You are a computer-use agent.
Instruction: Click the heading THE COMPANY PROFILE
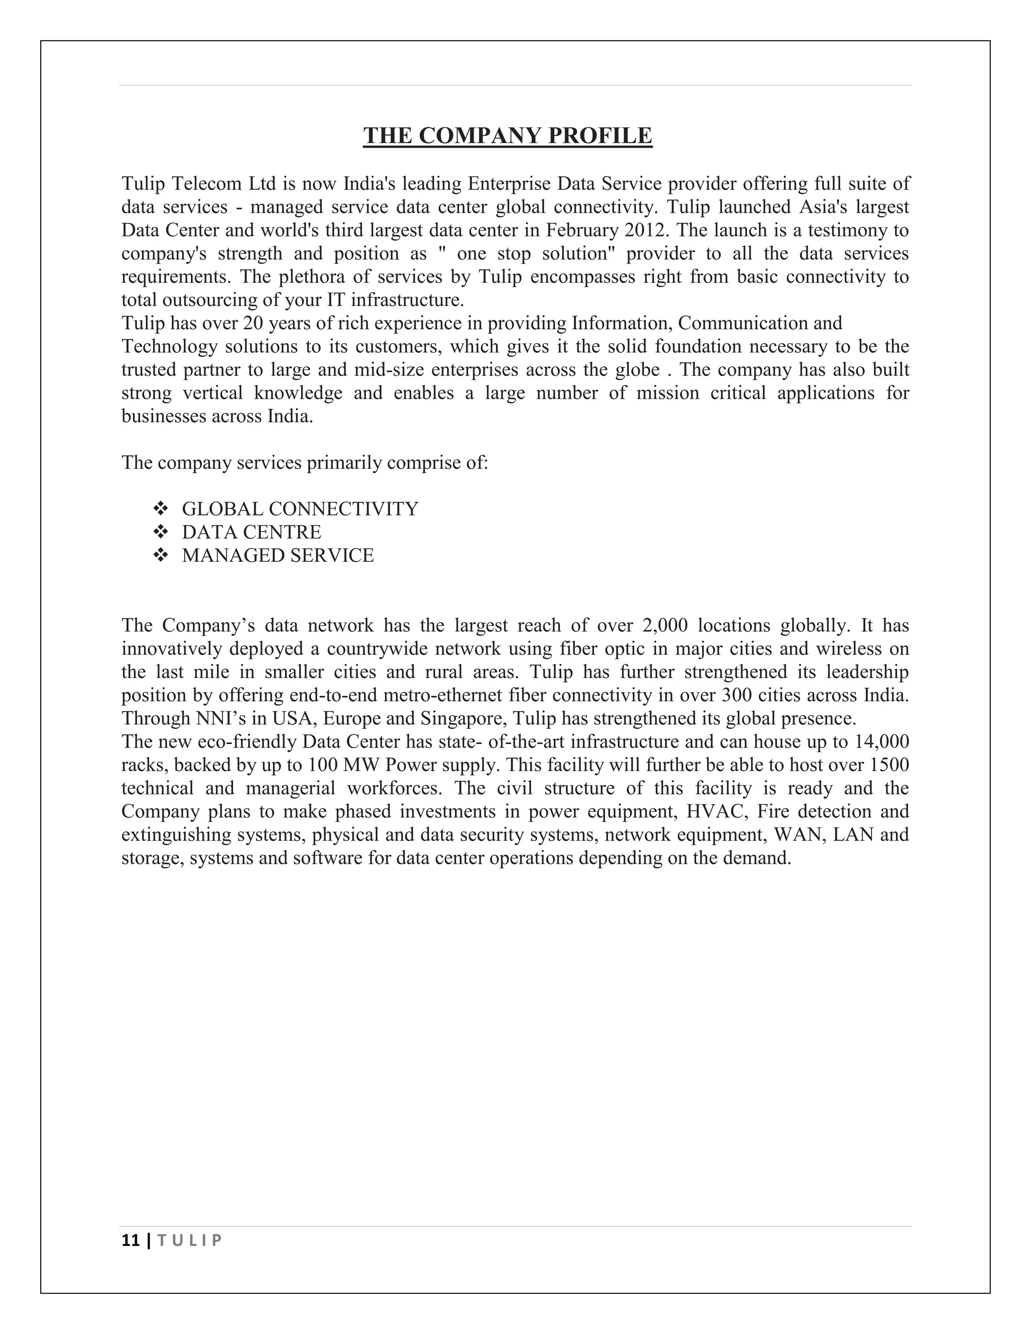[x=507, y=135]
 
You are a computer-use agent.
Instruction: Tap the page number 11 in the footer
[x=130, y=1240]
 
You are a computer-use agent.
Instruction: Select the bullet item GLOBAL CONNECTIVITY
[x=300, y=509]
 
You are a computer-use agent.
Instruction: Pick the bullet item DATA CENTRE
[x=251, y=532]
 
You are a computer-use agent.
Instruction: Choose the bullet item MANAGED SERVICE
[x=278, y=555]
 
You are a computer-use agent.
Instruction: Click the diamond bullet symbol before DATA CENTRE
[x=161, y=532]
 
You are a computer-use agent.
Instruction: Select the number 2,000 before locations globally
[x=665, y=625]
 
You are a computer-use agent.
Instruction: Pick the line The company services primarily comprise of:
[x=305, y=463]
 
